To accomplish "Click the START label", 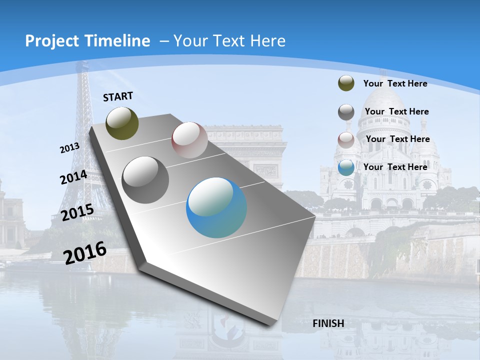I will pyautogui.click(x=118, y=96).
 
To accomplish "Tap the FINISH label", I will pyautogui.click(x=328, y=323).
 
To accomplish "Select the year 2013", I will pyautogui.click(x=69, y=148).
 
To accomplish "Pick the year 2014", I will pyautogui.click(x=73, y=177).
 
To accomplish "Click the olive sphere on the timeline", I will pyautogui.click(x=122, y=123).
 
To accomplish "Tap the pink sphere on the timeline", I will pyautogui.click(x=189, y=140).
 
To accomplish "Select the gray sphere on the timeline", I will pyautogui.click(x=145, y=179).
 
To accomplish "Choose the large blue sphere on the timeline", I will pyautogui.click(x=216, y=207).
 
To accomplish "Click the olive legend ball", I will pyautogui.click(x=346, y=83).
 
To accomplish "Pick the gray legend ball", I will pyautogui.click(x=346, y=112).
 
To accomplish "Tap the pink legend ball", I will pyautogui.click(x=346, y=139).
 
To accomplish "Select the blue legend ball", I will pyautogui.click(x=346, y=167).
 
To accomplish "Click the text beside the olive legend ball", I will pyautogui.click(x=395, y=83).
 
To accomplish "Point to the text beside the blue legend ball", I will pyautogui.click(x=395, y=167).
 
